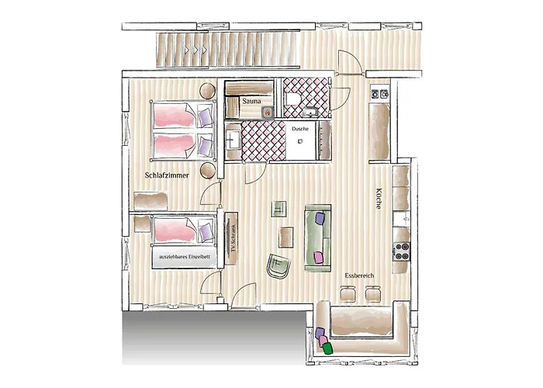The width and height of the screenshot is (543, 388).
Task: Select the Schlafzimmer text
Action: tap(168, 175)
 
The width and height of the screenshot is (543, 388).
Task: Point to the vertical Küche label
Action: tap(378, 199)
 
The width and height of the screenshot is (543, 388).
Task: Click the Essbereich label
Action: tap(362, 275)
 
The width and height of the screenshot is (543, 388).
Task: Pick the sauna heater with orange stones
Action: tap(268, 111)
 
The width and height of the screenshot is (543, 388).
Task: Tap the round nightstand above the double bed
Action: tap(206, 91)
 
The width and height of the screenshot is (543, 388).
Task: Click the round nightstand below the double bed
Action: tap(206, 170)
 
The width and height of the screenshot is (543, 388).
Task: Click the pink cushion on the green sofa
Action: tap(318, 255)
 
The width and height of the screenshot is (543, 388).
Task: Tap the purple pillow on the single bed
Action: tap(206, 230)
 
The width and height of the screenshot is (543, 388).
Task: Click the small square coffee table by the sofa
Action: tap(286, 236)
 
